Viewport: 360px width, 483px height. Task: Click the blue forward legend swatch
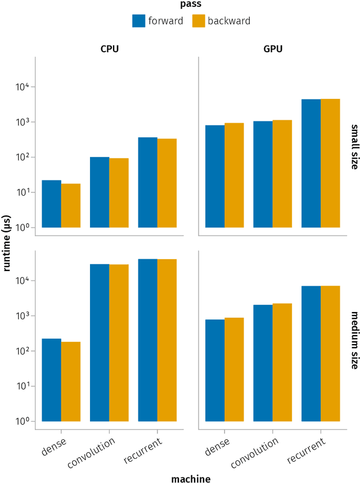[x=139, y=20]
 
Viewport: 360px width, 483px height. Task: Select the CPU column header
[x=109, y=49]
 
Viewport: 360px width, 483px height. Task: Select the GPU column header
[x=273, y=49]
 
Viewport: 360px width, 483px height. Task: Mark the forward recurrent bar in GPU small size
[x=311, y=163]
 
